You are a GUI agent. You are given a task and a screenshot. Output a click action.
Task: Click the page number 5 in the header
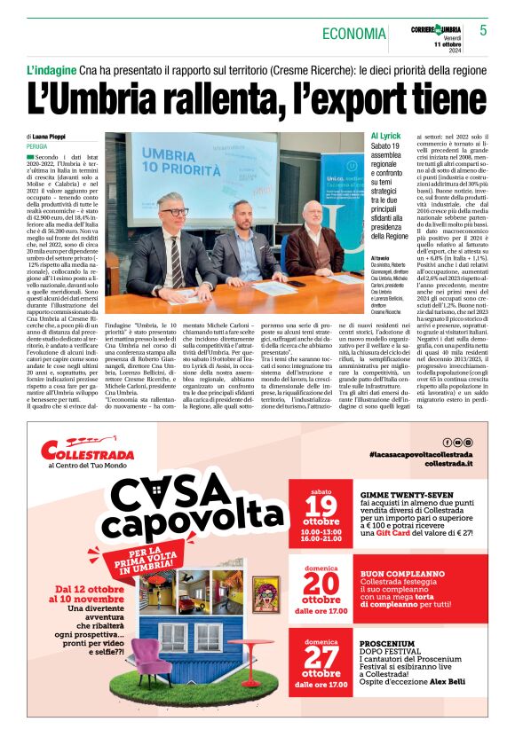[x=484, y=30]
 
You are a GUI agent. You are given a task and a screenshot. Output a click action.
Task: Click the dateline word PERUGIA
[x=37, y=146]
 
